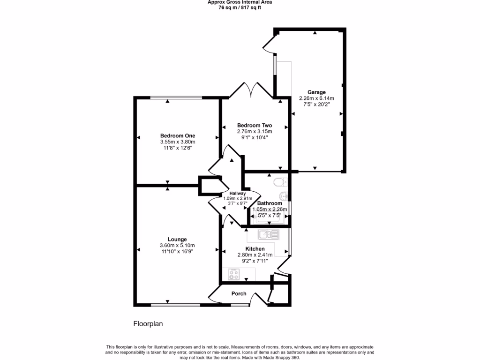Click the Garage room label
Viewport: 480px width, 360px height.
click(316, 92)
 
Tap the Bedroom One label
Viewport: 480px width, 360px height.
click(177, 136)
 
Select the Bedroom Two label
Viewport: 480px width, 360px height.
click(255, 125)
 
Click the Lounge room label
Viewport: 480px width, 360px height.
click(177, 239)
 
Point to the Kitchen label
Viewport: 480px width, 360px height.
click(255, 248)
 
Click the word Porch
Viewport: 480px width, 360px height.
click(239, 294)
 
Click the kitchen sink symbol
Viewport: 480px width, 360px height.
click(269, 233)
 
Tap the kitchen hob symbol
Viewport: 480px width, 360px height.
click(234, 274)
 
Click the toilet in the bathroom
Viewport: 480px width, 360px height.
click(280, 182)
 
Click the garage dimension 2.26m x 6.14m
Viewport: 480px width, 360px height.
click(316, 98)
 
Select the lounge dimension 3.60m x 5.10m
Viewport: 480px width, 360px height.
click(177, 245)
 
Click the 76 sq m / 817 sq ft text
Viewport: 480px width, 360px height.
click(240, 7)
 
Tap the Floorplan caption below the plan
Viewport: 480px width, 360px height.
click(148, 323)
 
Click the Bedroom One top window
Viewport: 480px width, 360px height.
click(176, 97)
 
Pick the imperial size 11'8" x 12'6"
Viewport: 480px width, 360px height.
click(177, 148)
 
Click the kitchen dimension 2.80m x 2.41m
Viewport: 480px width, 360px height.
click(255, 255)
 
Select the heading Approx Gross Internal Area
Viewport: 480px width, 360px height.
click(240, 2)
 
